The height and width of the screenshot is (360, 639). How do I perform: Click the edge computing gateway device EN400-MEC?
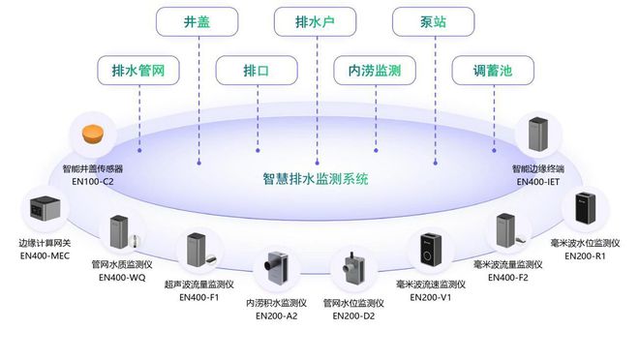pos(47,211)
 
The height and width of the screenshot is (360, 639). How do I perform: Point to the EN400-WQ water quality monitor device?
pos(119,234)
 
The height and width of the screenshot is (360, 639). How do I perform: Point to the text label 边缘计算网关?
pos(46,242)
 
